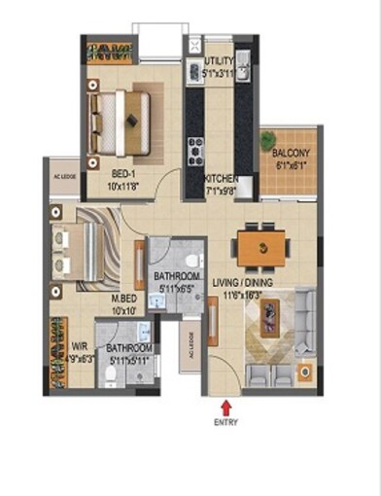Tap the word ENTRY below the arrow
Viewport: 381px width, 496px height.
click(225, 422)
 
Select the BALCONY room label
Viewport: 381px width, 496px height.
click(291, 154)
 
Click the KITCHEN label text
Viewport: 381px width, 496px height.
click(223, 178)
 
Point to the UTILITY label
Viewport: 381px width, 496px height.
click(219, 59)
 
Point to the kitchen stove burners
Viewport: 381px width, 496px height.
click(194, 148)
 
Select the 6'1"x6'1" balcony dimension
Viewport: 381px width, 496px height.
click(291, 164)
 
